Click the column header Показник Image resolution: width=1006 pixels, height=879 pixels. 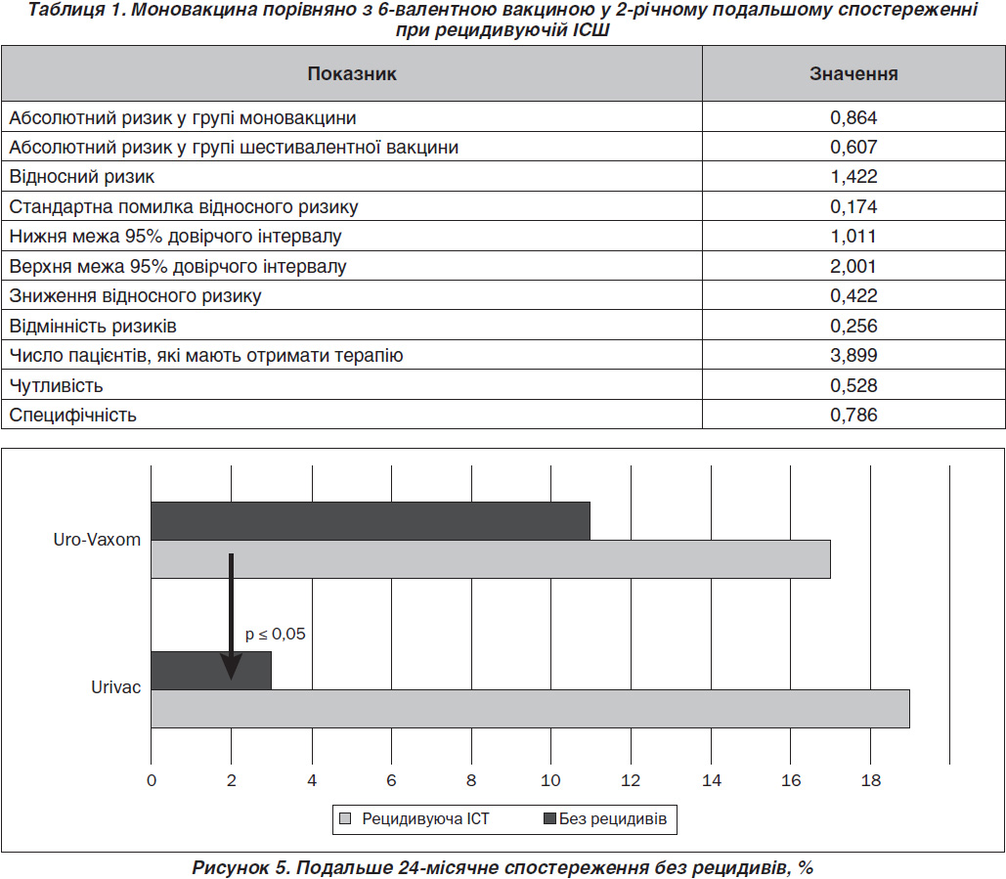[x=352, y=73]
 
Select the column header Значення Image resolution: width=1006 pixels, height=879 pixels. [x=853, y=73]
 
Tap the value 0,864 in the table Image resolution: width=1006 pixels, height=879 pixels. [x=853, y=117]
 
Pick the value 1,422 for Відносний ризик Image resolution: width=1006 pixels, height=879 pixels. [x=853, y=176]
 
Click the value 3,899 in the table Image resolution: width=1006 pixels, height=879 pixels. [x=853, y=355]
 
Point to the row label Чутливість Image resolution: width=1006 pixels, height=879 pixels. [x=56, y=385]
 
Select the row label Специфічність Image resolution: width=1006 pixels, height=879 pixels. [x=72, y=416]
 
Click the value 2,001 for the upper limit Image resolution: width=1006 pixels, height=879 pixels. [x=853, y=266]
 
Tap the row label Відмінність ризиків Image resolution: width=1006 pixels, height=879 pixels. [x=92, y=326]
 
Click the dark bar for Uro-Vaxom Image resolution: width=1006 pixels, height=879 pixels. [x=371, y=521]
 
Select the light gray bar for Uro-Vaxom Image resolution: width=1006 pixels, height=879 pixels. [x=491, y=559]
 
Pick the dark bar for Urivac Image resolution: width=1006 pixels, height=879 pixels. [x=211, y=671]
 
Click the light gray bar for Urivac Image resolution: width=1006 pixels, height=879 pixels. [x=530, y=708]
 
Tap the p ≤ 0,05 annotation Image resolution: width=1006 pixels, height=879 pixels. [x=276, y=634]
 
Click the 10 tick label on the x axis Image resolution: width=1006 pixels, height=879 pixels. [x=550, y=780]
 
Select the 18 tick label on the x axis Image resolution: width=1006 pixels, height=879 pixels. [x=871, y=780]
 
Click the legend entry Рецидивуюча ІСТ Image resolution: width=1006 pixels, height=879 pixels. [x=415, y=818]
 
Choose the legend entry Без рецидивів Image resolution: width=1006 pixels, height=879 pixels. [x=605, y=818]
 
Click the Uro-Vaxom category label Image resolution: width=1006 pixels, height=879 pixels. [x=97, y=540]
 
